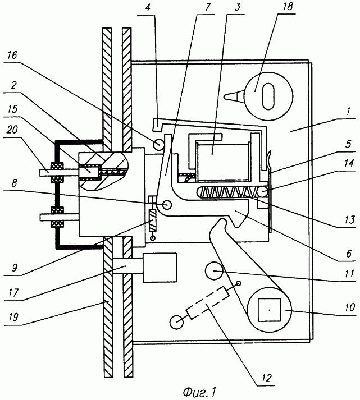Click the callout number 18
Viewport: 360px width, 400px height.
(x=288, y=6)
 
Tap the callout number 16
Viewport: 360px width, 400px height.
(x=12, y=56)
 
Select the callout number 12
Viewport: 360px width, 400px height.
(x=267, y=378)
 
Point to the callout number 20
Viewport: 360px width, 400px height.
(x=12, y=130)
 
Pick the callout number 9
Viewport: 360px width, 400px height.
(x=15, y=268)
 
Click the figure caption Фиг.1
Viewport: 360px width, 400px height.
(x=200, y=392)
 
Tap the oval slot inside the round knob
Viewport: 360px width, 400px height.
(x=268, y=96)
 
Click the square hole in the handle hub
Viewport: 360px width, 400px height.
(x=270, y=310)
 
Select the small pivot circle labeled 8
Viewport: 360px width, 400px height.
(x=167, y=205)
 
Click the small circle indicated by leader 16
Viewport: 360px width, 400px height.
(x=159, y=145)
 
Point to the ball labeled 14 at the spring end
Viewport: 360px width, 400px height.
(x=262, y=192)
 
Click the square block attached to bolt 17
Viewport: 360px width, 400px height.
(x=160, y=268)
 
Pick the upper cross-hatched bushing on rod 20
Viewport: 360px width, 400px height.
(x=58, y=172)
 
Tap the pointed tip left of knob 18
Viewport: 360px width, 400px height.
(x=225, y=96)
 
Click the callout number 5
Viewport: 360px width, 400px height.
(x=348, y=144)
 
